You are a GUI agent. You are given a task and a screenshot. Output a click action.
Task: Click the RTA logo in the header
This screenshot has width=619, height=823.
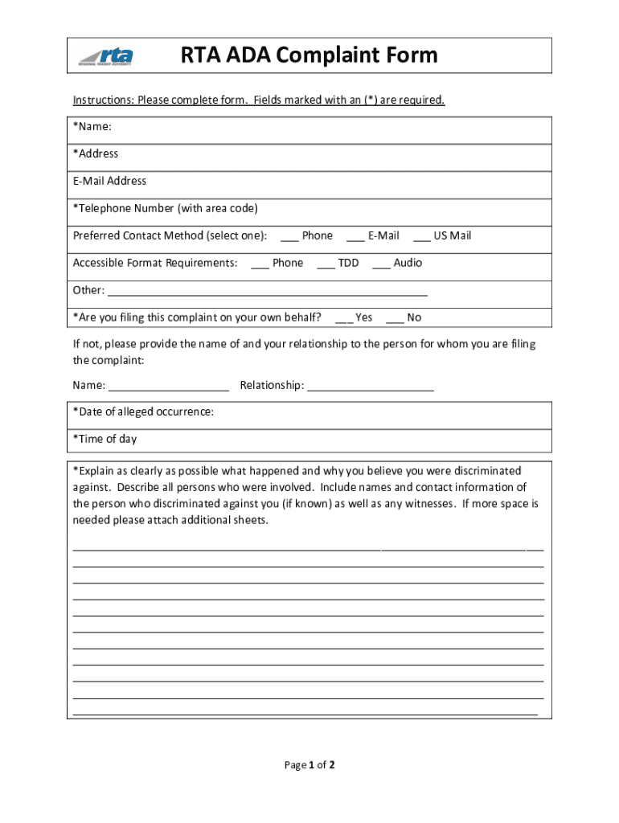[105, 55]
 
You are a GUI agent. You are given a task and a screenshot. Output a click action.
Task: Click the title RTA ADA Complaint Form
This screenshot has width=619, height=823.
[309, 55]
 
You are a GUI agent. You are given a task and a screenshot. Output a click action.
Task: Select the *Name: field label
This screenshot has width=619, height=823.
[92, 126]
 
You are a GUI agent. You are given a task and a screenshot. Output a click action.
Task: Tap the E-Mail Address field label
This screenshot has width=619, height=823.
[109, 181]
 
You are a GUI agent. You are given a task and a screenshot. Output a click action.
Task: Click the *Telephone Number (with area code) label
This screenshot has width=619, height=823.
[166, 208]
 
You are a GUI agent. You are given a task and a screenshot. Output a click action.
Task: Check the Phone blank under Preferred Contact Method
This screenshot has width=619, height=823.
[289, 236]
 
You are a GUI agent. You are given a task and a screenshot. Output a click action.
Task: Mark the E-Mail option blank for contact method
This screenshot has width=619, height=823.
[355, 236]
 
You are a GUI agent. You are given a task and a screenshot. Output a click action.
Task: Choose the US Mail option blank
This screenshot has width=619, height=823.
[421, 236]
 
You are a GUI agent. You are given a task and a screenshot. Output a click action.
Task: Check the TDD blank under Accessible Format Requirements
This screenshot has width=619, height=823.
[326, 264]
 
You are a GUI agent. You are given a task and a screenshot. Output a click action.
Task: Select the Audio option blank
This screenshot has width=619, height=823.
[381, 264]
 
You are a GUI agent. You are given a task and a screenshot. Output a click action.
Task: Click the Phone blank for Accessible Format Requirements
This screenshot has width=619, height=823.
[260, 264]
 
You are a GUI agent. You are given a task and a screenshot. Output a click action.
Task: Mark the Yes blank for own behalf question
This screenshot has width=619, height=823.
[343, 318]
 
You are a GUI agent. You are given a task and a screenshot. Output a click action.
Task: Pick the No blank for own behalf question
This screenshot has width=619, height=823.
[395, 318]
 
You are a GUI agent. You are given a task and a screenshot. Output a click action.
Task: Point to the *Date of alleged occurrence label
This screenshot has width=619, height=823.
[143, 411]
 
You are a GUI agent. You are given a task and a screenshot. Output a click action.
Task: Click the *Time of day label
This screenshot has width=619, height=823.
[105, 439]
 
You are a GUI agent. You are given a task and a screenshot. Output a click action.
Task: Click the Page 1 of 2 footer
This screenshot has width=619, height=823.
[309, 765]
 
